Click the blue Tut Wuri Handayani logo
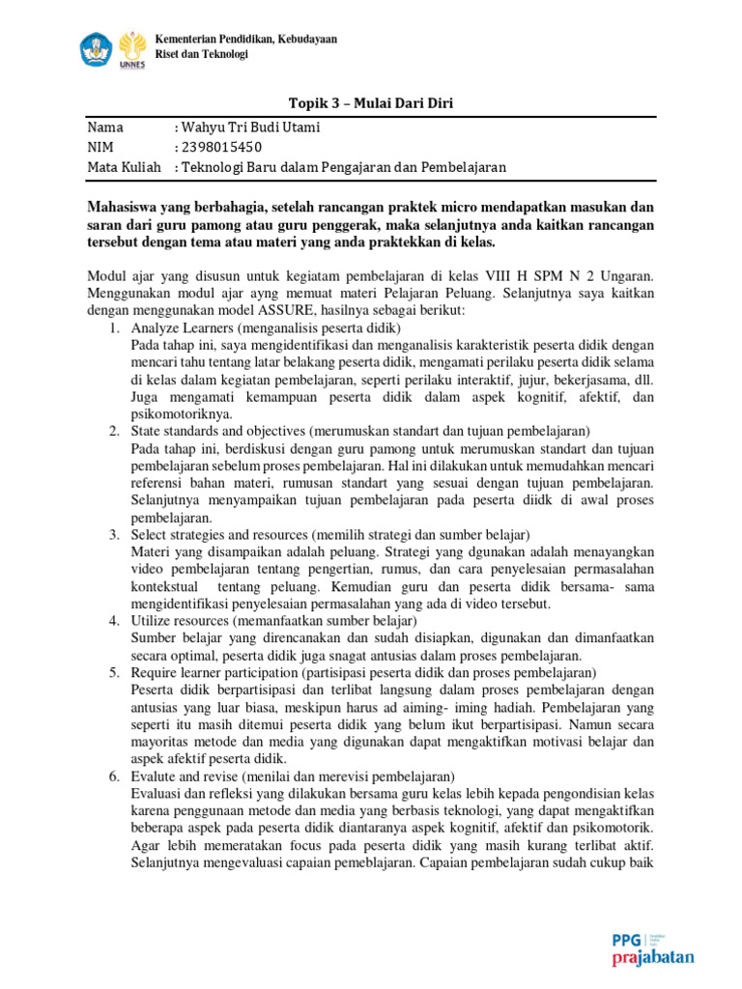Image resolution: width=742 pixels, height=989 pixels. [98, 46]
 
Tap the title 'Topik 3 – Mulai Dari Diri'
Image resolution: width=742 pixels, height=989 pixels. [371, 103]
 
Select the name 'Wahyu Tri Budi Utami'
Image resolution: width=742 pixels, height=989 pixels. [246, 127]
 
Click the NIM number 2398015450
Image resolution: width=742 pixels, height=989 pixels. [220, 147]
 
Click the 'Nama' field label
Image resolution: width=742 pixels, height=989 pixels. [106, 127]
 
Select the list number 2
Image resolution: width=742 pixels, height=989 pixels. [113, 430]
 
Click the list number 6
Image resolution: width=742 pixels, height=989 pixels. [113, 776]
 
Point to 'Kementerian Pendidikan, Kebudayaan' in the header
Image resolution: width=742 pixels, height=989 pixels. [246, 39]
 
